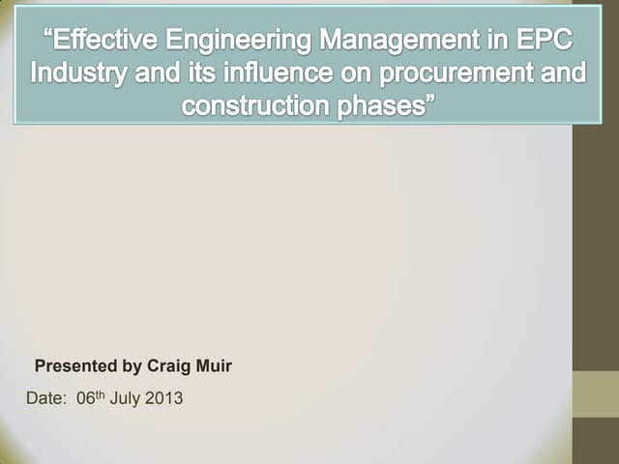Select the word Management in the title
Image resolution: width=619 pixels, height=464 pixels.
(391, 43)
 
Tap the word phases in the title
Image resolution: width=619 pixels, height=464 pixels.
(383, 103)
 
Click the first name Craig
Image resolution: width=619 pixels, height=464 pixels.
(169, 366)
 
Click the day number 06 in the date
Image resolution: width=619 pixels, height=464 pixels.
(86, 396)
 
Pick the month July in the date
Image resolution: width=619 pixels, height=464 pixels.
(126, 396)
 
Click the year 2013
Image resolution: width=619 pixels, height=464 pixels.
(163, 396)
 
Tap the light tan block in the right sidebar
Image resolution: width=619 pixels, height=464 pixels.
(596, 395)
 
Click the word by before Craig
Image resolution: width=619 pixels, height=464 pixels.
(132, 366)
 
